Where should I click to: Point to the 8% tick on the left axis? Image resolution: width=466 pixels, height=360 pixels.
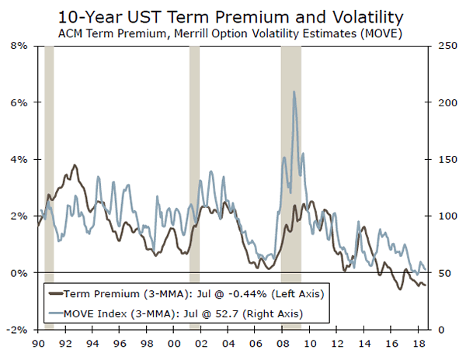click(x=19, y=46)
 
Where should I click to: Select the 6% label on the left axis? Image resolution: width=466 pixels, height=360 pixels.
click(x=19, y=102)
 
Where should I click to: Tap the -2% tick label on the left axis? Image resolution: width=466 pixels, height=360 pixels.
click(x=17, y=330)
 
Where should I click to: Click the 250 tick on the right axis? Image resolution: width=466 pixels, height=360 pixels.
click(x=444, y=46)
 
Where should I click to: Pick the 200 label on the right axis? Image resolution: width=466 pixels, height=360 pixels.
click(x=444, y=102)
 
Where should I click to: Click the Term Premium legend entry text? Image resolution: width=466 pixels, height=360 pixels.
click(x=193, y=294)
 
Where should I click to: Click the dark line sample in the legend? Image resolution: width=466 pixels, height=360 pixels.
click(x=55, y=294)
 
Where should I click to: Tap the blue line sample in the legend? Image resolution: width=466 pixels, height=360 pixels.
click(x=55, y=313)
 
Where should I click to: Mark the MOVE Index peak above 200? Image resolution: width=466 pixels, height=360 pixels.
click(x=294, y=92)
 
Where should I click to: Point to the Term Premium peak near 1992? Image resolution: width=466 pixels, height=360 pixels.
click(x=74, y=165)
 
